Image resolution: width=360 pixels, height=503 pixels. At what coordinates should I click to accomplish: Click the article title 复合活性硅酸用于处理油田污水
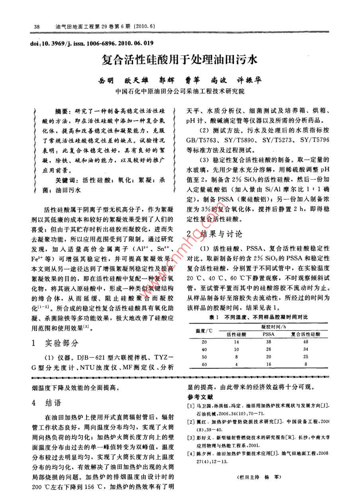coord(180,60)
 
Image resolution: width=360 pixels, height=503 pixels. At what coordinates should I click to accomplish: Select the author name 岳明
coord(106,80)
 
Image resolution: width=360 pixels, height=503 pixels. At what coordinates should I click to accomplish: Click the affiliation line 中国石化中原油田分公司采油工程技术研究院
coord(180,91)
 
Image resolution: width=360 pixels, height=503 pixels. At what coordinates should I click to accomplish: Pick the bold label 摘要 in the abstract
coord(63,110)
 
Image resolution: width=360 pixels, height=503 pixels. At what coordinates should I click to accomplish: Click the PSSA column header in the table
coord(268,334)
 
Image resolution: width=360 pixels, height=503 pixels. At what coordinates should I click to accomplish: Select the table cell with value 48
coord(305,342)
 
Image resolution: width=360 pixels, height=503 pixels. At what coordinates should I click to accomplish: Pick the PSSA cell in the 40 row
coord(268,350)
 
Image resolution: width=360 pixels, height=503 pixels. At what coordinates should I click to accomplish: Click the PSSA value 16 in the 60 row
coord(268,364)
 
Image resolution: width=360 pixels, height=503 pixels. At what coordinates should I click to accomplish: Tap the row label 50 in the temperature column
coord(204,357)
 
